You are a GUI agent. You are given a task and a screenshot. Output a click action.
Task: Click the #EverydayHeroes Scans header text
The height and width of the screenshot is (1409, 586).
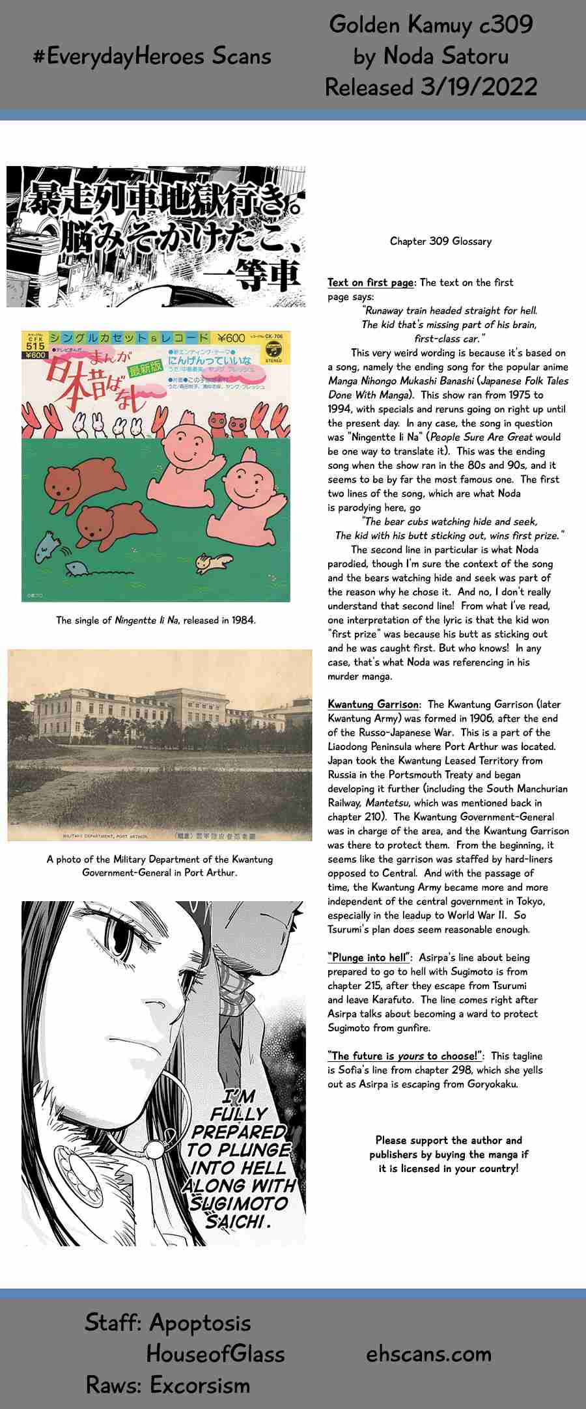click(x=152, y=57)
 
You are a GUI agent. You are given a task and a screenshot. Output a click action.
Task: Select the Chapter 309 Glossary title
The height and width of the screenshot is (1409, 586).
click(x=441, y=242)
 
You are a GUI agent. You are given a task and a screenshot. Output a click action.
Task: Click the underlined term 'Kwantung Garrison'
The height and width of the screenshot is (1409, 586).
click(x=373, y=704)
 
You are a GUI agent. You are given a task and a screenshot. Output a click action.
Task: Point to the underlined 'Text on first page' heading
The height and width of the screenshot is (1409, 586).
click(x=370, y=283)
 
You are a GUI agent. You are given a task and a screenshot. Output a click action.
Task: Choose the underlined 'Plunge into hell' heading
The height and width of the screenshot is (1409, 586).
click(x=369, y=958)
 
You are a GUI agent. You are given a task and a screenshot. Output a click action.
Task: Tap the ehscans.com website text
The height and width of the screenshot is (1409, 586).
click(x=428, y=1354)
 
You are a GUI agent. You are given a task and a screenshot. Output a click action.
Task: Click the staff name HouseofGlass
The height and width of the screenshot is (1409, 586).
click(x=216, y=1354)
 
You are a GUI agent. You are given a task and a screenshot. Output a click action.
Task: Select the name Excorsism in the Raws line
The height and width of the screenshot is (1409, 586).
click(x=200, y=1385)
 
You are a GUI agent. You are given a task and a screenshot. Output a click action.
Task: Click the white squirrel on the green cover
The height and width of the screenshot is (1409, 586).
click(x=210, y=561)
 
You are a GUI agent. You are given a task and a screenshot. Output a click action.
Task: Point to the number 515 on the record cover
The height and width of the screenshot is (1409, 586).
click(x=35, y=346)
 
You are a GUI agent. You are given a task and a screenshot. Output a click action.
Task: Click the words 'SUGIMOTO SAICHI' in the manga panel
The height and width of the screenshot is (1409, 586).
click(x=238, y=1212)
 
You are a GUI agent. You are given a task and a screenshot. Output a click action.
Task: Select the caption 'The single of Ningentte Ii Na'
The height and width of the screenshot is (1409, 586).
click(x=156, y=621)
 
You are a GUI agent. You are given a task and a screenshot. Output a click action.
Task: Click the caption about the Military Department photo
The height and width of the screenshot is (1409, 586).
click(x=160, y=866)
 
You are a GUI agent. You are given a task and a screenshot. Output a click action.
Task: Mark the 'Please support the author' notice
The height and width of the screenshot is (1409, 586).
click(x=449, y=1154)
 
